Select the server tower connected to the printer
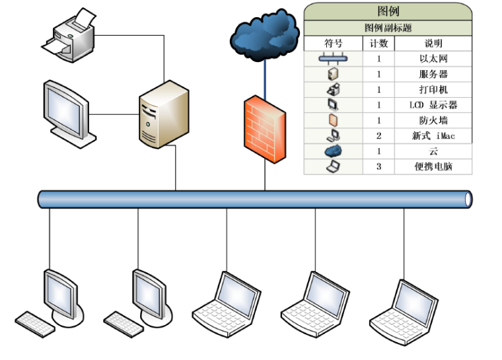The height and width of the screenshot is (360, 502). pyautogui.click(x=163, y=114)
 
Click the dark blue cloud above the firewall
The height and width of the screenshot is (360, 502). pyautogui.click(x=264, y=34)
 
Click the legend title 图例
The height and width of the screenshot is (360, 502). pyautogui.click(x=388, y=11)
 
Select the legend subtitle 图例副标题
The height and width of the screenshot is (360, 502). pyautogui.click(x=388, y=28)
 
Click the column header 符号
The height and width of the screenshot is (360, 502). pyautogui.click(x=333, y=44)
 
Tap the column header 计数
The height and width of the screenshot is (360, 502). pyautogui.click(x=378, y=44)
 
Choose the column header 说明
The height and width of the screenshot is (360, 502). pyautogui.click(x=433, y=44)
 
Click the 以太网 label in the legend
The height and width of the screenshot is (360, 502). pyautogui.click(x=433, y=59)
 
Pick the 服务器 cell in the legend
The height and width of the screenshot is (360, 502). pyautogui.click(x=433, y=74)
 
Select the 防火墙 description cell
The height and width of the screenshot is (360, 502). pyautogui.click(x=433, y=120)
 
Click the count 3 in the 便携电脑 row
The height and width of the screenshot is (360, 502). pyautogui.click(x=378, y=166)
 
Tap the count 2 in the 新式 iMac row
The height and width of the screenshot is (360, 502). pyautogui.click(x=378, y=136)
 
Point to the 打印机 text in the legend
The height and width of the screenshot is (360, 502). pyautogui.click(x=433, y=90)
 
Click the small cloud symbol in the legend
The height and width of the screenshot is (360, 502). pyautogui.click(x=333, y=151)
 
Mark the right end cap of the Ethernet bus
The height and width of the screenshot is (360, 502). pyautogui.click(x=469, y=199)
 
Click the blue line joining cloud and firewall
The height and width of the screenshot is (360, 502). pyautogui.click(x=264, y=76)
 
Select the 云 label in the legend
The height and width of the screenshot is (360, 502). pyautogui.click(x=433, y=151)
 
